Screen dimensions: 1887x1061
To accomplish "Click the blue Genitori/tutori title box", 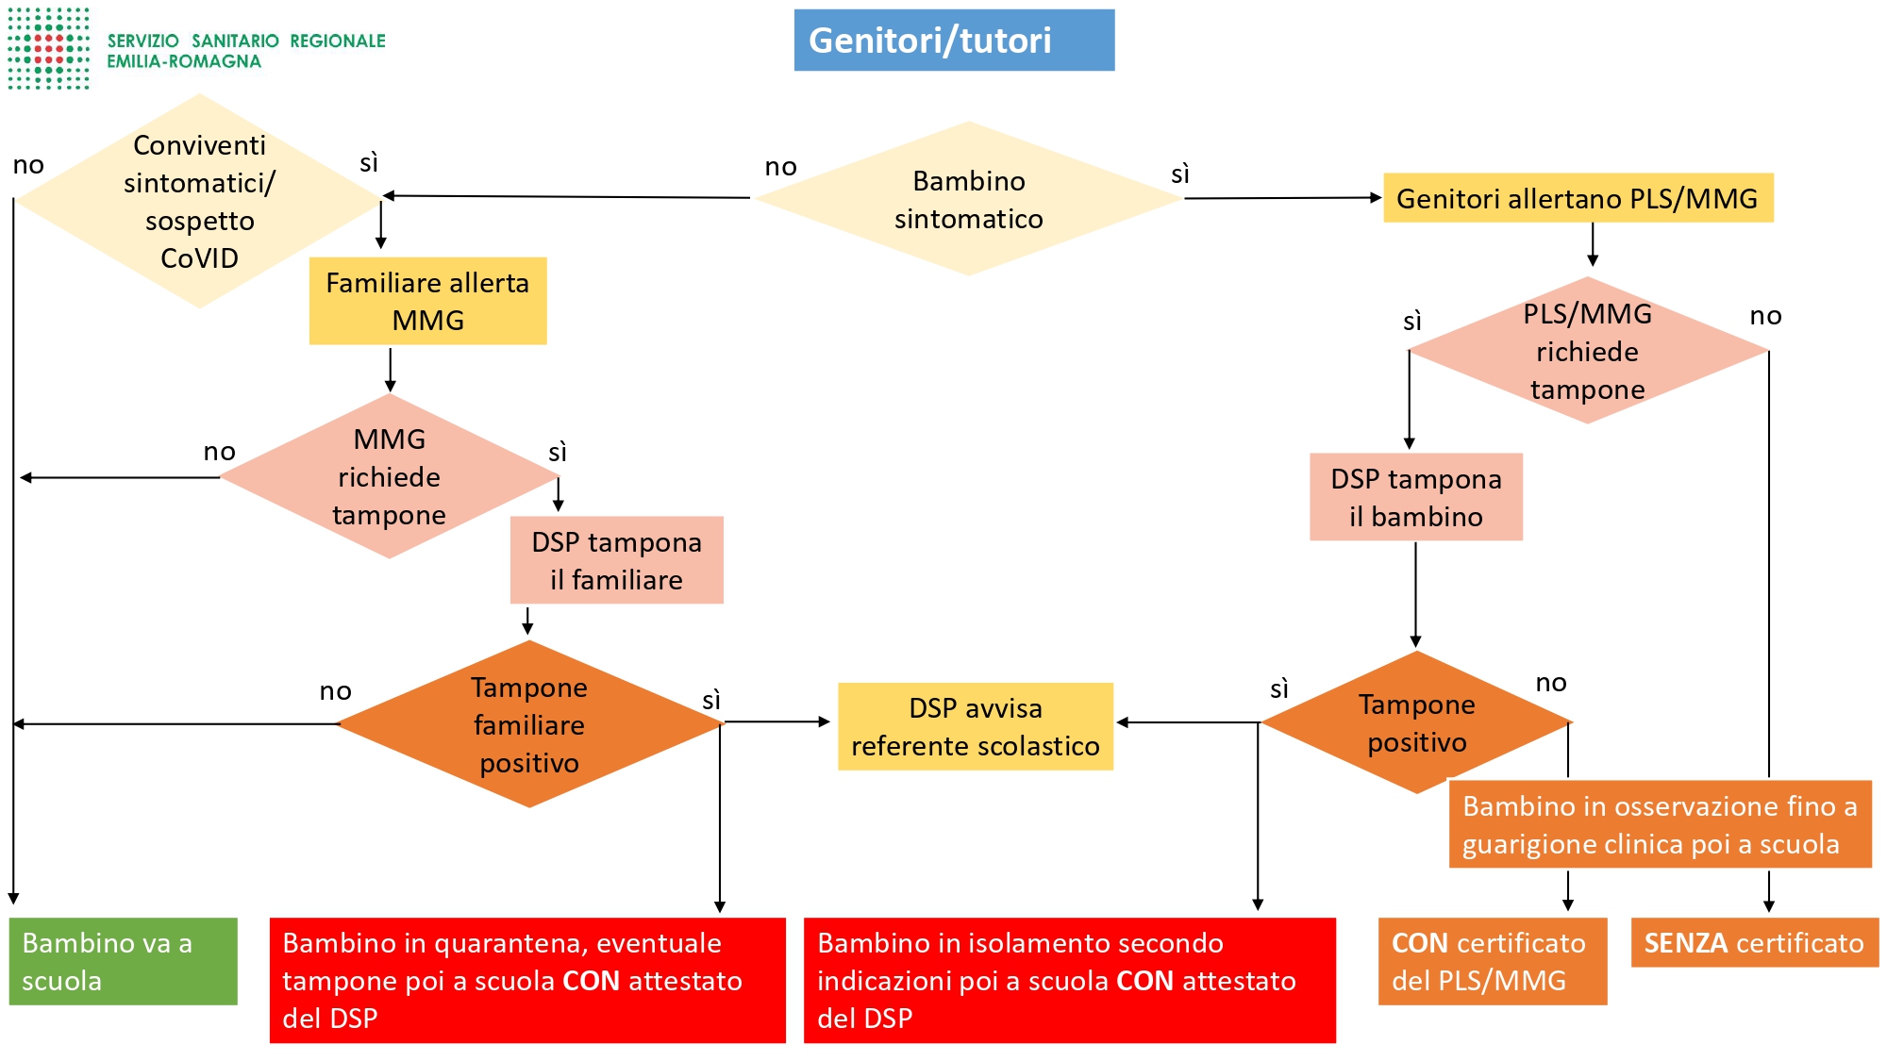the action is click(x=954, y=41).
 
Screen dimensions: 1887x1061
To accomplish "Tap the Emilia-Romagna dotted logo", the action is click(x=49, y=49).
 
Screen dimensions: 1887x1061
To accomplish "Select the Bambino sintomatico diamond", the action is click(x=968, y=199).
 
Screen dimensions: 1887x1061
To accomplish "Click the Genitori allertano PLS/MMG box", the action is click(x=1578, y=198).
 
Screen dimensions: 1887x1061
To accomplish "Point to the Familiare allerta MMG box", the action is click(x=427, y=301).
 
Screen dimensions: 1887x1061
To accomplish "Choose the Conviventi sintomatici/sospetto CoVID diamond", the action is click(x=199, y=201).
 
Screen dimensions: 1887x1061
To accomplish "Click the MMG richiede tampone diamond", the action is click(x=389, y=476).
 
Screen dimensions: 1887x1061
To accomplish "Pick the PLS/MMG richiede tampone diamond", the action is click(x=1588, y=351).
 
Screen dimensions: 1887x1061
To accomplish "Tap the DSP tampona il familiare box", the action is click(x=617, y=560).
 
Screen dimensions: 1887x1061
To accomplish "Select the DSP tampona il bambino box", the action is click(x=1416, y=497).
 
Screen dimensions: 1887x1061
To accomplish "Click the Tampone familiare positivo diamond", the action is click(x=529, y=724).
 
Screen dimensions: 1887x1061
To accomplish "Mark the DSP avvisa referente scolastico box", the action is click(x=976, y=726).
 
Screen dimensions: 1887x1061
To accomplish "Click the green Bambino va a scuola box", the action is click(x=124, y=961).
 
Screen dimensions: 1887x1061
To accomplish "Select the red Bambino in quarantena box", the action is click(x=527, y=980).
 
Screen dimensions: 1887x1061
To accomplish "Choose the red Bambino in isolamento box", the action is click(x=1070, y=980).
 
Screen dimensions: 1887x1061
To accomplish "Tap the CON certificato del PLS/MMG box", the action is click(x=1493, y=961).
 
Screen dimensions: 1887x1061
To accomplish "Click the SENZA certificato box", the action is click(x=1755, y=942).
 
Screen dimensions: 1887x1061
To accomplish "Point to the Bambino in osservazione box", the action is click(x=1661, y=824).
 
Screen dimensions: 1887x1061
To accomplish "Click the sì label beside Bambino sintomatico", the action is click(x=1180, y=174).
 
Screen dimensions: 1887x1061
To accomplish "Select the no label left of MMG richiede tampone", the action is click(x=220, y=451).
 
